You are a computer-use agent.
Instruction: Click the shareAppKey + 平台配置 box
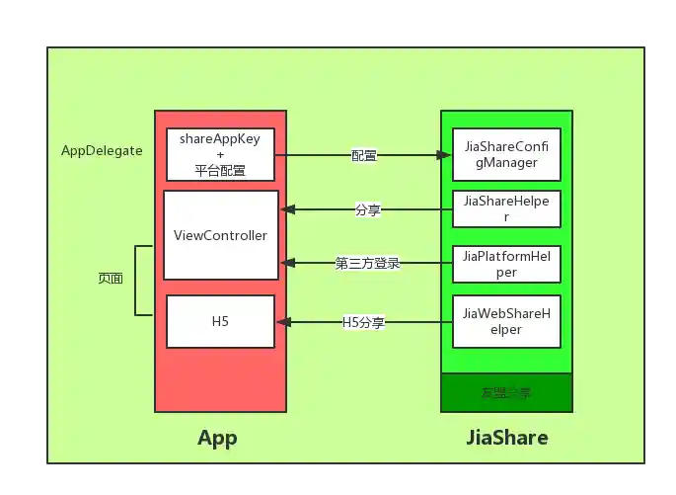(x=220, y=154)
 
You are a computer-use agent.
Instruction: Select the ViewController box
(x=220, y=235)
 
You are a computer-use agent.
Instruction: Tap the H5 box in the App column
(x=220, y=321)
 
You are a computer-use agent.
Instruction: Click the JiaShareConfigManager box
(x=506, y=154)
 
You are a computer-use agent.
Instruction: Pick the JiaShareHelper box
(x=506, y=208)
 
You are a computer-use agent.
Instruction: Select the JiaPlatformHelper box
(x=506, y=263)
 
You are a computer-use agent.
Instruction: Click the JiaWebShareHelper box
(x=506, y=321)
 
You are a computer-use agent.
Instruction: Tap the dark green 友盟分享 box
(x=506, y=392)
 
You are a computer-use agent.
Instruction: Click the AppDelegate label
(x=102, y=151)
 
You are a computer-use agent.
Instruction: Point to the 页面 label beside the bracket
(x=111, y=279)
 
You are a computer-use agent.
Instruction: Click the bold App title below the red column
(x=217, y=438)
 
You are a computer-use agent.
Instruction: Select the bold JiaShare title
(x=506, y=437)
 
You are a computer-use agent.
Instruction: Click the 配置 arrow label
(x=364, y=155)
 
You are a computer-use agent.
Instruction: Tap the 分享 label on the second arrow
(x=368, y=209)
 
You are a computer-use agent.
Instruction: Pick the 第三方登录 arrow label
(x=367, y=263)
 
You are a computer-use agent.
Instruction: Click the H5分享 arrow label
(x=363, y=321)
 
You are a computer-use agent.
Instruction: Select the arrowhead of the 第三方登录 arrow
(x=287, y=263)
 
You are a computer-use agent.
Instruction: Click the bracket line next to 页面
(x=136, y=281)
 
